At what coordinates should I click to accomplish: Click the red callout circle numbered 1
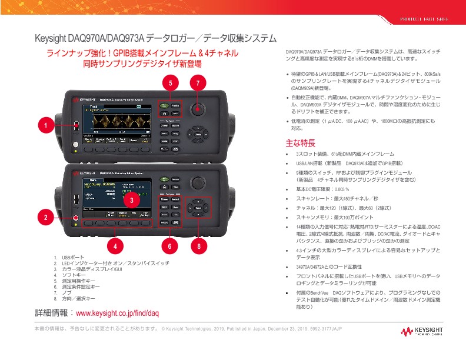click(x=44, y=125)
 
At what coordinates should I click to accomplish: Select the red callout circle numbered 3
click(x=132, y=199)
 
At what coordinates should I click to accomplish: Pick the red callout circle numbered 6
click(x=169, y=245)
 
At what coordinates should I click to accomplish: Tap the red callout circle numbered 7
click(x=199, y=82)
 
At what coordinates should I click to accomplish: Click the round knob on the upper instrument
click(x=198, y=109)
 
